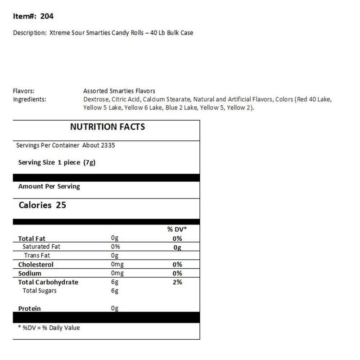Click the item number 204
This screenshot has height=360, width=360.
point(46,17)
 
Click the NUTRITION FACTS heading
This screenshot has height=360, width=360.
point(108,127)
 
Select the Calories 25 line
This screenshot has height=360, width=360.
point(42,205)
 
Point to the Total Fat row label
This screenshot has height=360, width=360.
point(31,238)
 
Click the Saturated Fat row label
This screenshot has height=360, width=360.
point(41,247)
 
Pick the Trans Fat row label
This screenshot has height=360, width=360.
point(37,256)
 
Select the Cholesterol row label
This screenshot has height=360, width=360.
point(36,265)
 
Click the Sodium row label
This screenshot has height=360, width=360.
point(29,273)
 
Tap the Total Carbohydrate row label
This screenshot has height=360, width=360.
point(48,282)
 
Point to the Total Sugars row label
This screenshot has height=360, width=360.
point(40,291)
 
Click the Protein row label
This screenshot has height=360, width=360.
point(29,308)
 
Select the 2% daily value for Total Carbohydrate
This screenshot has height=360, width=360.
point(177,282)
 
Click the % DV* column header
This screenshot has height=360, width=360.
point(176,229)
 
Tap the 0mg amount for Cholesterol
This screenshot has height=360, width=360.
point(117,265)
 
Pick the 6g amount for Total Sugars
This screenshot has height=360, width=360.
point(115,291)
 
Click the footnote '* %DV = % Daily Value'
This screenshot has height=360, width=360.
point(49,328)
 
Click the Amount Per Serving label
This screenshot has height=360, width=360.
point(49,186)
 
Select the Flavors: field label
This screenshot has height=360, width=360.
point(24,91)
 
